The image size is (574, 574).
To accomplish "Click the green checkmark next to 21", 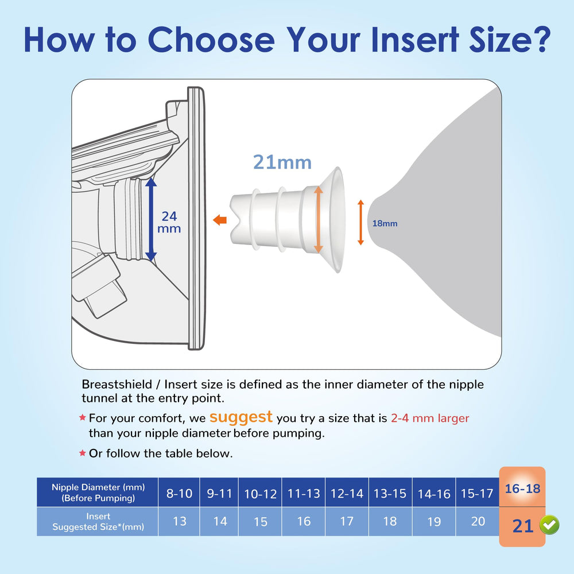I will pyautogui.click(x=549, y=525).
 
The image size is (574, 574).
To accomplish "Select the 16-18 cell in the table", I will pyautogui.click(x=522, y=488).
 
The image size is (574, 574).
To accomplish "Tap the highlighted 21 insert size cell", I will pyautogui.click(x=522, y=525).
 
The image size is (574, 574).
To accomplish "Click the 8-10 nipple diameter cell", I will pyautogui.click(x=179, y=493).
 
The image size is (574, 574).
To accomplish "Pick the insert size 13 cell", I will pyautogui.click(x=179, y=521).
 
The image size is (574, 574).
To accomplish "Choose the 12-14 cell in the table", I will pyautogui.click(x=346, y=493).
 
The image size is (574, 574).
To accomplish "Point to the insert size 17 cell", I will pyautogui.click(x=346, y=521).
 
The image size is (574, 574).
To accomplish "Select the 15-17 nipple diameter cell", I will pyautogui.click(x=478, y=493).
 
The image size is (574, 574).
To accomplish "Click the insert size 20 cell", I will pyautogui.click(x=478, y=521).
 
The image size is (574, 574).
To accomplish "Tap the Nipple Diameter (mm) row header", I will pyautogui.click(x=98, y=492).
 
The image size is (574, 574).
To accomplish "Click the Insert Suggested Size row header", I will pyautogui.click(x=98, y=521).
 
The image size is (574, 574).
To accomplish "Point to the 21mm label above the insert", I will pyautogui.click(x=282, y=162).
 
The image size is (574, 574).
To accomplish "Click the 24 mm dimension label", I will pyautogui.click(x=169, y=222).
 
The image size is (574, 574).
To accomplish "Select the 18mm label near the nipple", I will pyautogui.click(x=385, y=223).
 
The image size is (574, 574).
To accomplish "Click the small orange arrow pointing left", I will pyautogui.click(x=219, y=220).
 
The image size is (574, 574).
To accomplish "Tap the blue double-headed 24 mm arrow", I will pyautogui.click(x=150, y=219).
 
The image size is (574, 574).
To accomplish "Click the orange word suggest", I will pyautogui.click(x=241, y=416).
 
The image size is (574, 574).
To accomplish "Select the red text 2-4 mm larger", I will pyautogui.click(x=430, y=418).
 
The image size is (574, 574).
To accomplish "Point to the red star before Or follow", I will pyautogui.click(x=82, y=453).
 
